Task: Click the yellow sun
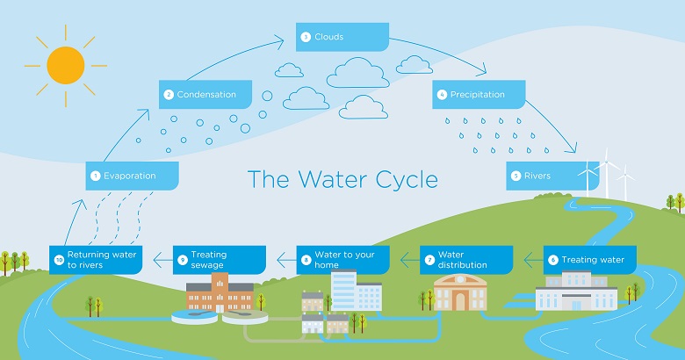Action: coord(66,64)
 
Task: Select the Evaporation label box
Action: coord(133,176)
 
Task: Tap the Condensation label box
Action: coord(205,94)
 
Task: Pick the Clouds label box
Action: coord(342,37)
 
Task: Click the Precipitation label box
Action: coord(479,94)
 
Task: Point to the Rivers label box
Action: coord(544,176)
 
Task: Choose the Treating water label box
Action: coord(590,260)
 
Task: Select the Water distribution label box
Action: coord(466,259)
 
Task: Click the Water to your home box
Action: coord(342,259)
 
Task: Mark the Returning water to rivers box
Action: coord(95,259)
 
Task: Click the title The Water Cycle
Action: coord(342,179)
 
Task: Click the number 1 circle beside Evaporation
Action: coord(95,176)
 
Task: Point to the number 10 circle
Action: coord(59,260)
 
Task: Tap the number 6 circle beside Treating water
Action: coord(552,260)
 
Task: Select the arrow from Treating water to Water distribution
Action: coord(529,259)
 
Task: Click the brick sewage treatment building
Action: coord(220,291)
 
